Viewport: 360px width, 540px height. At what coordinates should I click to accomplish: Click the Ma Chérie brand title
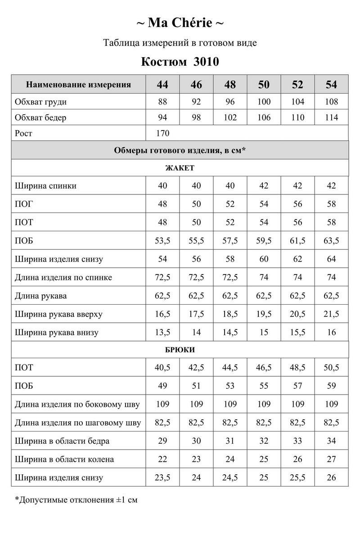point(180,22)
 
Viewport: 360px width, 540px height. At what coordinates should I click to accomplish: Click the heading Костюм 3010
point(180,61)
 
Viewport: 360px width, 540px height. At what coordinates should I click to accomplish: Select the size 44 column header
point(162,85)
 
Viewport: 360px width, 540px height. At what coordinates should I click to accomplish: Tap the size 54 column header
point(332,85)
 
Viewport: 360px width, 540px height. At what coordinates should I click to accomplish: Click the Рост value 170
point(162,133)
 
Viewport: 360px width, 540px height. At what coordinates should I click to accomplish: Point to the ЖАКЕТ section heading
point(180,168)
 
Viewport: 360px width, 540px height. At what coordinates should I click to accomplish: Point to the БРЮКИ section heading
point(180,350)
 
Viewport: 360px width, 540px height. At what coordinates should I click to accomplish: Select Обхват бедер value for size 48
point(230,118)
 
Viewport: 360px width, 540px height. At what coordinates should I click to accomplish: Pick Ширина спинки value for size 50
point(264,186)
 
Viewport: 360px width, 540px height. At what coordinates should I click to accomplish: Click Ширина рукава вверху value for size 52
point(297,314)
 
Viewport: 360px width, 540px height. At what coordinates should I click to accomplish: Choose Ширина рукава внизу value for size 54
point(332,333)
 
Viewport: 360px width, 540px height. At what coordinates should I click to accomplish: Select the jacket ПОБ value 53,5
point(162,241)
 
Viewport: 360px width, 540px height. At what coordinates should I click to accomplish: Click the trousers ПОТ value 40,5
point(162,368)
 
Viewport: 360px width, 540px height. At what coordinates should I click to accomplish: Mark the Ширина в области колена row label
point(64,459)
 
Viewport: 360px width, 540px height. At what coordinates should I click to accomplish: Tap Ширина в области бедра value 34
point(332,441)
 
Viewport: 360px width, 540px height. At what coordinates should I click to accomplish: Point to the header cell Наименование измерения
point(79,85)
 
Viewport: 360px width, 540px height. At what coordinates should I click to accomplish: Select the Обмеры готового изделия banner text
point(180,150)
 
